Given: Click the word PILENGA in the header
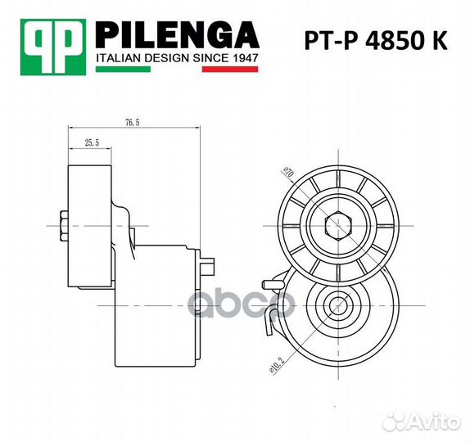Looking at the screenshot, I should pos(178,35).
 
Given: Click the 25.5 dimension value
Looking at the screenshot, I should pos(91,142).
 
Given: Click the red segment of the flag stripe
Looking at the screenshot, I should pos(231,71).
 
